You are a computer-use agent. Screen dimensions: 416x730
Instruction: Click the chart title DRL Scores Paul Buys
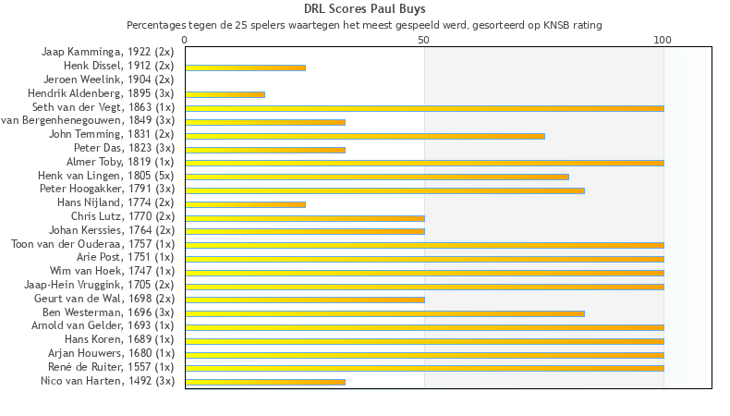tap(364, 9)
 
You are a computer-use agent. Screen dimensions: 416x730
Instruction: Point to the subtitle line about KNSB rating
tap(364, 25)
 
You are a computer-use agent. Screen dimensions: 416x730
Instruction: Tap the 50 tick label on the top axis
tap(424, 41)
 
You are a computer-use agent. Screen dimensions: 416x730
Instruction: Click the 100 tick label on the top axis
tap(663, 41)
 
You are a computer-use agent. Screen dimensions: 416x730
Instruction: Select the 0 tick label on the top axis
tap(185, 41)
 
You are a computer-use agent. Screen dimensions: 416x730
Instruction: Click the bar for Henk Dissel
tap(245, 67)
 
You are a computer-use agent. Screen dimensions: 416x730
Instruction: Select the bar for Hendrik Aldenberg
tap(225, 94)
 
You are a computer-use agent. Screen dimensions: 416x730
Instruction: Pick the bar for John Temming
tap(364, 136)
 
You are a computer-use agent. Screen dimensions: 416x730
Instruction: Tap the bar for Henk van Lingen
tap(376, 177)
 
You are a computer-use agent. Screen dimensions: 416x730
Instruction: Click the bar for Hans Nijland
tap(245, 203)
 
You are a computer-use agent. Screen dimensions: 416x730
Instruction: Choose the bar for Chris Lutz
tap(304, 217)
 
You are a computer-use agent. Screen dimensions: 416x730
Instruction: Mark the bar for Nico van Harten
tap(264, 382)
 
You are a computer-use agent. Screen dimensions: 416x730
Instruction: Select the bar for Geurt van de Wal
tap(304, 300)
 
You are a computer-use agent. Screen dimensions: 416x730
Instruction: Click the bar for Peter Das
tap(264, 150)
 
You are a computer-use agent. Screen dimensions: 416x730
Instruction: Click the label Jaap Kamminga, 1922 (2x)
tap(107, 52)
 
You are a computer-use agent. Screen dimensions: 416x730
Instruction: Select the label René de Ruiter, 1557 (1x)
tap(116, 367)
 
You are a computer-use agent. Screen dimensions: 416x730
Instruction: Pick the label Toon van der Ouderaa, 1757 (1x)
tap(92, 244)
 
